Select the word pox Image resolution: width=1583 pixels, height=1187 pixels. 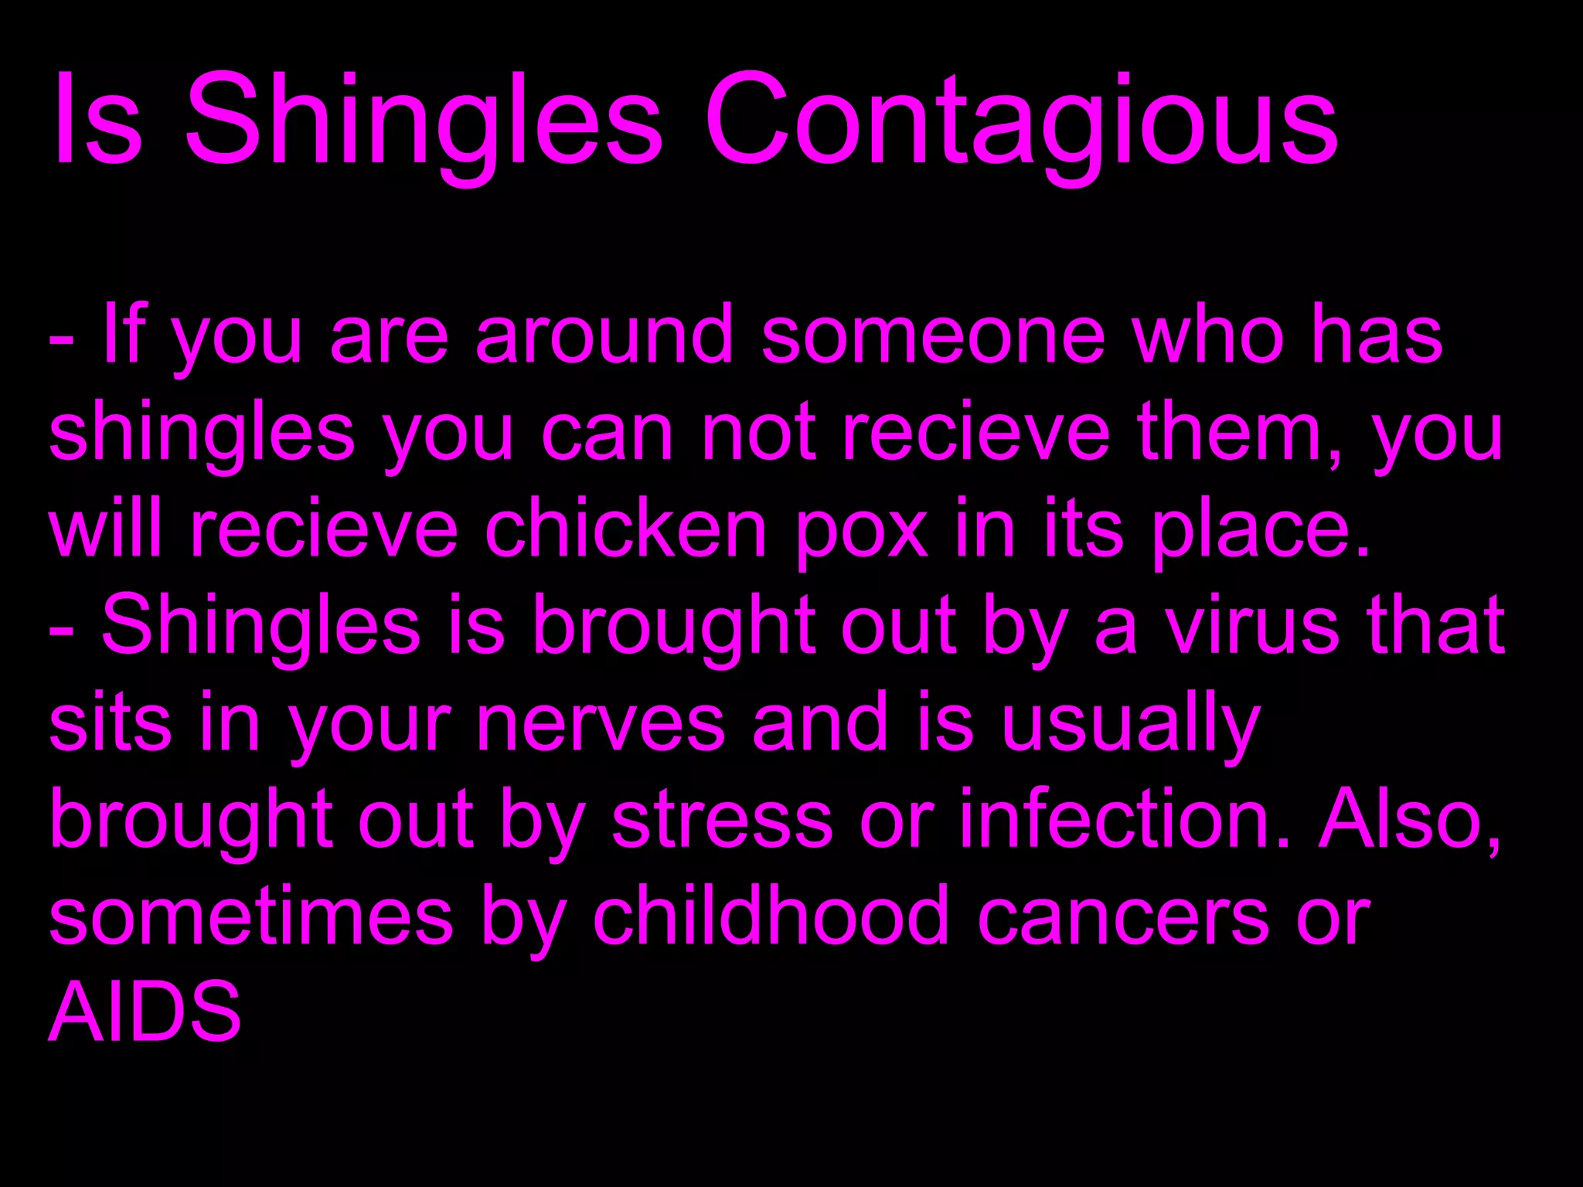point(862,533)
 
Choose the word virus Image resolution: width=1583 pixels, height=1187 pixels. point(1252,626)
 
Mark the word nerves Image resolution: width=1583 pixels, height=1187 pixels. point(600,726)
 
